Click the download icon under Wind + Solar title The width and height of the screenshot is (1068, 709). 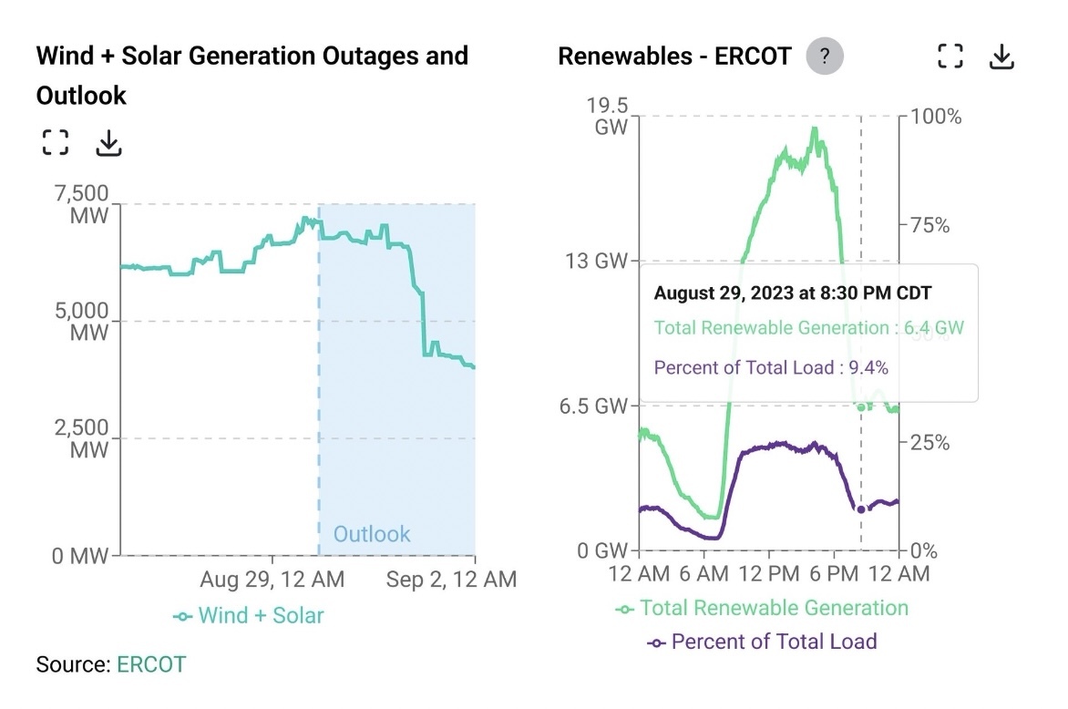click(x=108, y=142)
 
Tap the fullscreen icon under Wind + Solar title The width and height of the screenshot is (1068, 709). click(x=56, y=142)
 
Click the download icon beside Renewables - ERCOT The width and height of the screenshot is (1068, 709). click(x=1001, y=57)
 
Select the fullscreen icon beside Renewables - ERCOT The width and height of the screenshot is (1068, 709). click(x=950, y=57)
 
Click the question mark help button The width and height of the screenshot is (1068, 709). click(x=825, y=57)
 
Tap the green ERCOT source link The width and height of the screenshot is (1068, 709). click(x=150, y=664)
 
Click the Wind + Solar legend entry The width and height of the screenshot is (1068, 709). click(x=249, y=615)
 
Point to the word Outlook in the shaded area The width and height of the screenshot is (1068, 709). click(x=372, y=534)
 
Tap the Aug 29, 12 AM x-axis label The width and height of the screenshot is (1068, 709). click(x=273, y=579)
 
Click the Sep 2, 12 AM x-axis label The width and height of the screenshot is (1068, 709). click(x=451, y=579)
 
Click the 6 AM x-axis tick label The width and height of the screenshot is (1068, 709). click(x=703, y=573)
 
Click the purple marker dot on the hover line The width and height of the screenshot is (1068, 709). click(x=861, y=509)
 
